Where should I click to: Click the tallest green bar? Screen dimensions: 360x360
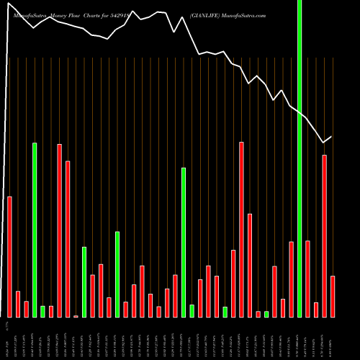300,158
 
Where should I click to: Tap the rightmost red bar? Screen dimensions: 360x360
333,296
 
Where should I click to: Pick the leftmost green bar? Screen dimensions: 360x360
35,230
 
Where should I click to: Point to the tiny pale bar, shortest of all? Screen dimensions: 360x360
76,316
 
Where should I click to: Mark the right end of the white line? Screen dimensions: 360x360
332,137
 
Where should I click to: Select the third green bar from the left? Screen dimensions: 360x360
84,282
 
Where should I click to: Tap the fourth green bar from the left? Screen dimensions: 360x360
117,274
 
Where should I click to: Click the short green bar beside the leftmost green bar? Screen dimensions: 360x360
42,311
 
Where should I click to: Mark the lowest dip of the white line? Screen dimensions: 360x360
323,143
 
